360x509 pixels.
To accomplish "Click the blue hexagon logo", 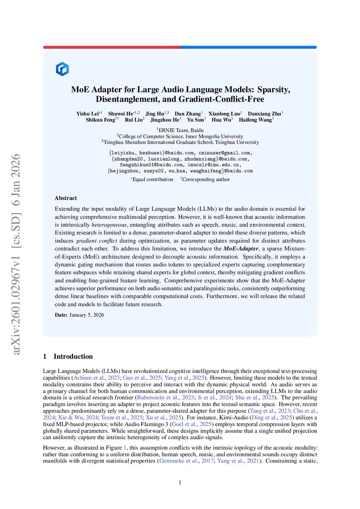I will [x=62, y=69].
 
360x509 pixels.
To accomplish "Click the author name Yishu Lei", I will [x=88, y=114].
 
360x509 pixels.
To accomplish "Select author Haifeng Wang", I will [x=255, y=120].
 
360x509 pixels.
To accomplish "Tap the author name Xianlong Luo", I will [x=224, y=114].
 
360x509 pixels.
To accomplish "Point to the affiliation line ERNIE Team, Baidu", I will [x=181, y=130].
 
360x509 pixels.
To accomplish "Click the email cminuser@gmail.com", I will [x=224, y=153].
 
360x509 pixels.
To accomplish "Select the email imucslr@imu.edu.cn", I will [x=214, y=165].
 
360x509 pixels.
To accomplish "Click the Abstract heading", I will [x=66, y=198].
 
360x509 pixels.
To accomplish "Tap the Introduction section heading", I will [x=73, y=356].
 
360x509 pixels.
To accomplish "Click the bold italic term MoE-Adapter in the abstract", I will [x=241, y=249].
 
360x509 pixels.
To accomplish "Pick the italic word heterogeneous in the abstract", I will [x=109, y=225].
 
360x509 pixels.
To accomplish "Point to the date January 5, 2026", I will [x=86, y=315].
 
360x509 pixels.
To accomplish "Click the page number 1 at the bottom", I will [x=180, y=483].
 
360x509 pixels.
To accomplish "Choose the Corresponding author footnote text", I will [x=206, y=179].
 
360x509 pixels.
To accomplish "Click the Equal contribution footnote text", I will [x=153, y=179].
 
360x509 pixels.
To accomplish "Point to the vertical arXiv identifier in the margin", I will [x=16, y=254].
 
